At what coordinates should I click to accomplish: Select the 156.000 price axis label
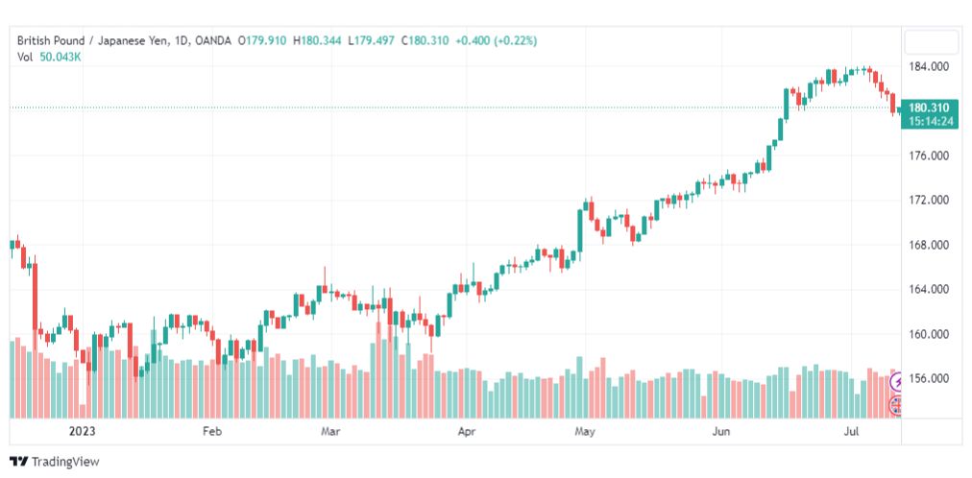(928, 378)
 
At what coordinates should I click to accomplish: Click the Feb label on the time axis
(212, 431)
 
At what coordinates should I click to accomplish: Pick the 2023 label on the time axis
(82, 431)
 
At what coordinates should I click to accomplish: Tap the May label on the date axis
(585, 431)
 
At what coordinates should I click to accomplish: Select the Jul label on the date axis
(852, 431)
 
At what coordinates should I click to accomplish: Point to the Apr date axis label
(466, 431)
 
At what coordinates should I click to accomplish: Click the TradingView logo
(55, 462)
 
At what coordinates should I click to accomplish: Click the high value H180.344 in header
(317, 41)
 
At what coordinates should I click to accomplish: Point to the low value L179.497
(372, 41)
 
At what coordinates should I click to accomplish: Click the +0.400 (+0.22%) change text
(496, 41)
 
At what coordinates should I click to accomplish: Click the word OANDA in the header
(212, 41)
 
